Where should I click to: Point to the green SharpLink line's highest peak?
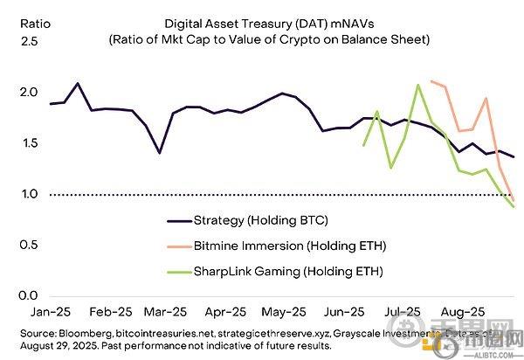(x=419, y=85)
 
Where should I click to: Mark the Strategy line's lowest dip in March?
(x=159, y=153)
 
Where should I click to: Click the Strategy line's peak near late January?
(x=78, y=84)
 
